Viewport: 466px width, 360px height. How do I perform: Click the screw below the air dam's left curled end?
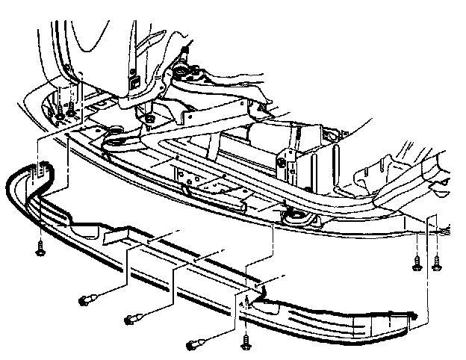pos(38,249)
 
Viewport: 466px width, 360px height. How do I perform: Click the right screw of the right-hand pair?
pos(435,262)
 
